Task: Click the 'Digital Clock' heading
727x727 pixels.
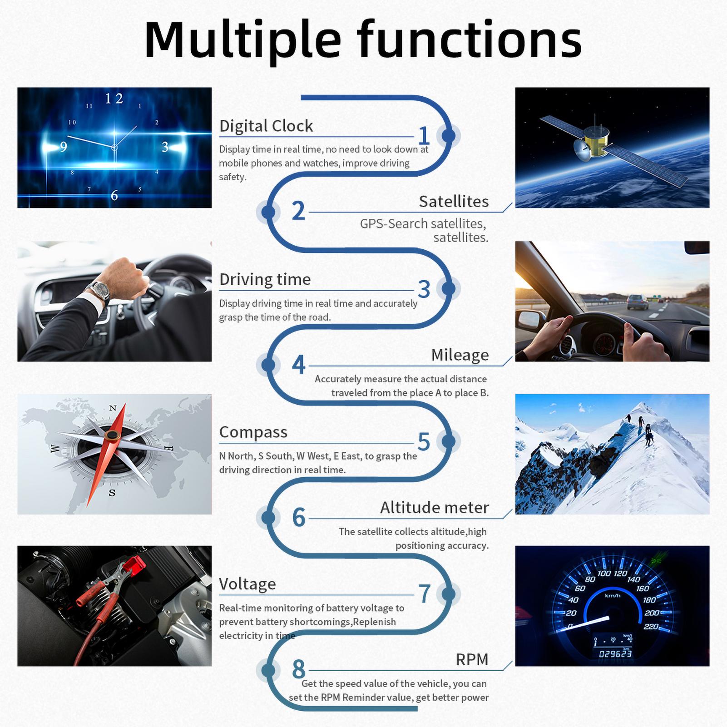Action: [266, 126]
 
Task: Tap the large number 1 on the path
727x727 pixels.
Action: [424, 135]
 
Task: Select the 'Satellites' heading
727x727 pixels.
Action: [454, 201]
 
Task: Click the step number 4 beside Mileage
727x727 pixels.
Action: [298, 365]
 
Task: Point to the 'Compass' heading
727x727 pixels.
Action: [253, 432]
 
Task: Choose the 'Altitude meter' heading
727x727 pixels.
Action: [434, 507]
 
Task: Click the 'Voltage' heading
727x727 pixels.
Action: [247, 584]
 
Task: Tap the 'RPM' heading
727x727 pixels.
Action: [472, 659]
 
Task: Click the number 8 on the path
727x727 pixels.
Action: [298, 669]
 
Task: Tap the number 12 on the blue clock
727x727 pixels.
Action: [114, 99]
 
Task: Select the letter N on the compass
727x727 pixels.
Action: [113, 408]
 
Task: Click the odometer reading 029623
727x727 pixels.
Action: [615, 654]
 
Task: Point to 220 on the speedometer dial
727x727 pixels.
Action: [651, 627]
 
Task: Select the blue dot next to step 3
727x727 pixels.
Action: [448, 288]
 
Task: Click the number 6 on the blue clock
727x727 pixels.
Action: [114, 195]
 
